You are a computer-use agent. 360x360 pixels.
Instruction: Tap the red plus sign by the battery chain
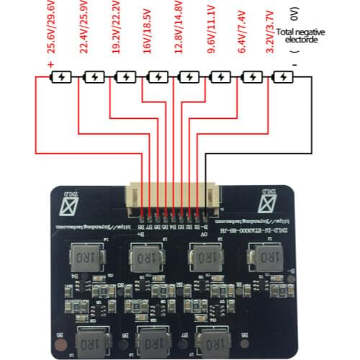pos(50,66)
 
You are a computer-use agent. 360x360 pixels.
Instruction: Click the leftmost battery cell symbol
pos(62,76)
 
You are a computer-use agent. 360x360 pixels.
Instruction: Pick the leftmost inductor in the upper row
pos(85,256)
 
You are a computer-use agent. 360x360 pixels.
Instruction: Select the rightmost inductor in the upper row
pos(263,256)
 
